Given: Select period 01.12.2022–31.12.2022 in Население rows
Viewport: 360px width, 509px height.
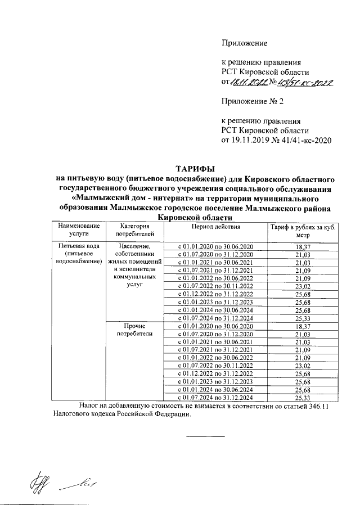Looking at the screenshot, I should point(215,295).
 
